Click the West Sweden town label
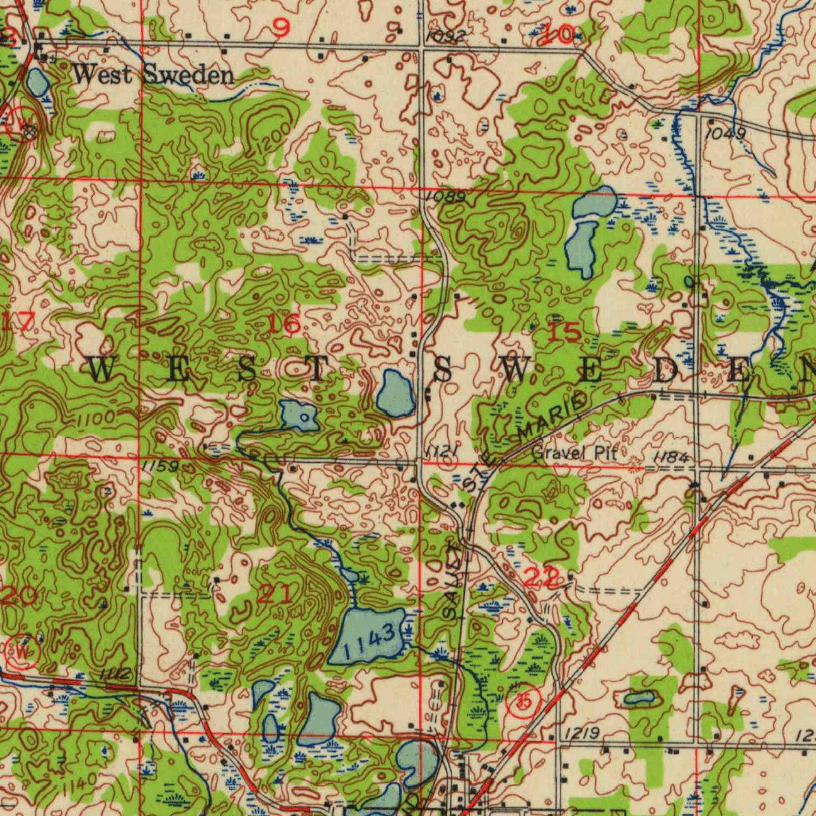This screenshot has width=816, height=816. pos(153,76)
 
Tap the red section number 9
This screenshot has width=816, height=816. pos(280,29)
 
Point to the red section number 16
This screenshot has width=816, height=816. pos(284,324)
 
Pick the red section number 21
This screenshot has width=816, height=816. pos(275,594)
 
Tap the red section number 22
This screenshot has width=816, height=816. pos(542,579)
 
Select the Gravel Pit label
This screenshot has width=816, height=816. pos(570,453)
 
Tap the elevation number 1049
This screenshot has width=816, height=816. pos(725,133)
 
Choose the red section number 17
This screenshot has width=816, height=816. pos(18,323)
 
